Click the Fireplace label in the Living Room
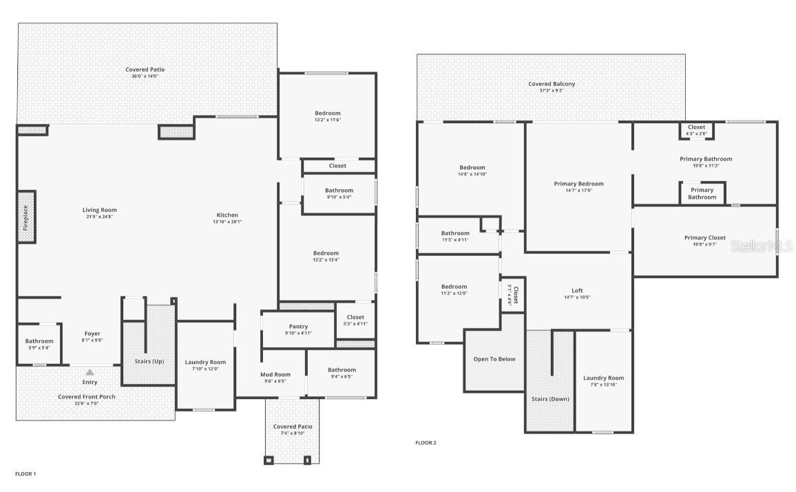[x=26, y=217]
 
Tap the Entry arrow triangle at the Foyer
[x=90, y=372]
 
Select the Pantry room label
[x=298, y=326]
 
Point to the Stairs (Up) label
[x=149, y=361]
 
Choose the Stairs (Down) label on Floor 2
[x=550, y=398]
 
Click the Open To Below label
[x=494, y=359]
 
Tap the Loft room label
[x=577, y=290]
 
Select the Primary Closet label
[x=704, y=237]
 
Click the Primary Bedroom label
[x=578, y=184]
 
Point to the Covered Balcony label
[x=552, y=84]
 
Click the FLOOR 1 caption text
[x=25, y=474]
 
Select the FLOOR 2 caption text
[x=426, y=442]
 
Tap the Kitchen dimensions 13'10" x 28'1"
[x=227, y=222]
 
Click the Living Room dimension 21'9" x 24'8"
[x=100, y=217]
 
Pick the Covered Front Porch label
[x=87, y=396]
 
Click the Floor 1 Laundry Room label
[x=205, y=362]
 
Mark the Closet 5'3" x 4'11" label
[x=355, y=323]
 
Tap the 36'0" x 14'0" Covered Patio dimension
[x=145, y=76]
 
